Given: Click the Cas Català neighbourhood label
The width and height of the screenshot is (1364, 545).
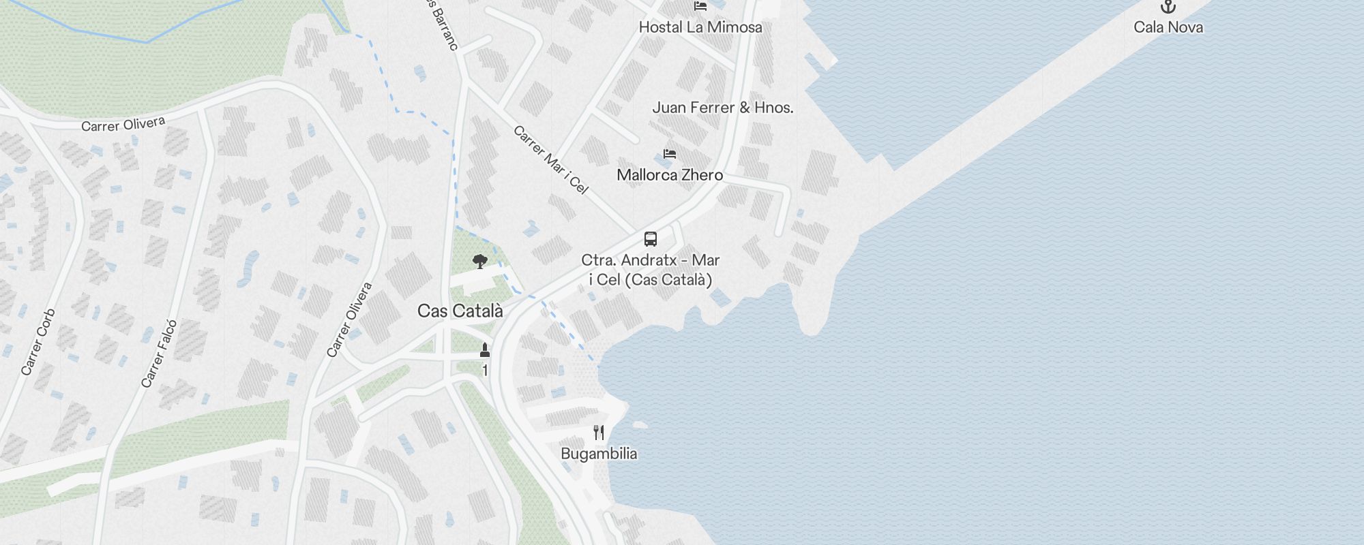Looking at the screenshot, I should point(460,311).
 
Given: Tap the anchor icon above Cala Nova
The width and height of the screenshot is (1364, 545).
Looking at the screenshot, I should point(1168,7).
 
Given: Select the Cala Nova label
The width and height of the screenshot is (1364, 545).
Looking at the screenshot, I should point(1168,27).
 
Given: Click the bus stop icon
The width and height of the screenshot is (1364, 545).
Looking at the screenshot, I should point(651,239).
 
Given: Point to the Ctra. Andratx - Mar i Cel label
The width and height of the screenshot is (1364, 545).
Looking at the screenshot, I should point(651,270).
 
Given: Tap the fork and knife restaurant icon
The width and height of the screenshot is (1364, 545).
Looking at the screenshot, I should point(599,433).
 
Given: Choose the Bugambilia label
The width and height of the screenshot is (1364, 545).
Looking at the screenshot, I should point(599,454).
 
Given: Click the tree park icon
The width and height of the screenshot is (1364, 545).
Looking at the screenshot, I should point(480,261).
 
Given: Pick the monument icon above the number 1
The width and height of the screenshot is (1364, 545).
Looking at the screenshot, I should point(485,350).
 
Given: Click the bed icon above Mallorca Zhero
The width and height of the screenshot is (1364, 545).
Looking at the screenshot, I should point(670,154).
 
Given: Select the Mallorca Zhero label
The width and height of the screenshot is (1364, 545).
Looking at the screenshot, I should point(670,175).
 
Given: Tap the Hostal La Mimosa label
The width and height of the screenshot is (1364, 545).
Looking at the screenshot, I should point(700,27).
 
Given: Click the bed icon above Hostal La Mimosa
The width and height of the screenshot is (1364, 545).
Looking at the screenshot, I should point(700,7).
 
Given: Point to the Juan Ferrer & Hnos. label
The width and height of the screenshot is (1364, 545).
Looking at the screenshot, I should point(723,108).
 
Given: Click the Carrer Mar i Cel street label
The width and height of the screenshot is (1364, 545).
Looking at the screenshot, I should point(550,160).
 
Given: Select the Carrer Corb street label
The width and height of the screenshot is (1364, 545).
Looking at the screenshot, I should point(38,343).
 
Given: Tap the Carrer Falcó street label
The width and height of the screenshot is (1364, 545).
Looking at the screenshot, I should point(159,354).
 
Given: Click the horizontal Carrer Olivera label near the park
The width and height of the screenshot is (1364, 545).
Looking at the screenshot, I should point(123,125).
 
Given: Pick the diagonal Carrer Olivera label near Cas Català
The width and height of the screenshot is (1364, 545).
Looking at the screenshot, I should point(349,320).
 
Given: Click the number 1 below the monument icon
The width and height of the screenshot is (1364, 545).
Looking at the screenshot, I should point(485,371).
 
